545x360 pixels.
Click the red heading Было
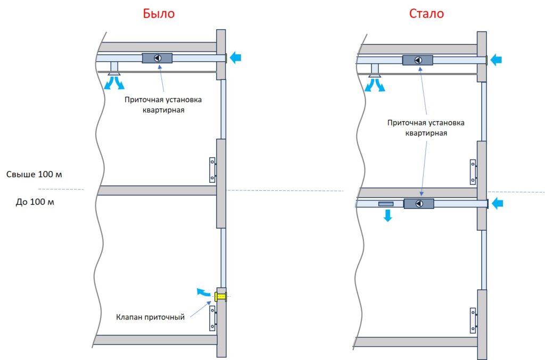pyautogui.click(x=159, y=14)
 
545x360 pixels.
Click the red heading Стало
pyautogui.click(x=426, y=14)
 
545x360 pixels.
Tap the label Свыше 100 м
pyautogui.click(x=35, y=174)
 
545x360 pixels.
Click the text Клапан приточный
pyautogui.click(x=151, y=317)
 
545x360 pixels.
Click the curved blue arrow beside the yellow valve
pyautogui.click(x=202, y=291)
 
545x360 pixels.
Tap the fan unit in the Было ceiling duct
pyautogui.click(x=158, y=58)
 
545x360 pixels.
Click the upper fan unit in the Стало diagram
pyautogui.click(x=418, y=60)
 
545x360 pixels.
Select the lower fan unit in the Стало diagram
pyautogui.click(x=419, y=203)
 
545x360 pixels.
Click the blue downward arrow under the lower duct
pyautogui.click(x=387, y=215)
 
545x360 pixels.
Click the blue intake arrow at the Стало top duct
pyautogui.click(x=496, y=60)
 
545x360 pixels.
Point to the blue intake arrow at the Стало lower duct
pyautogui.click(x=497, y=203)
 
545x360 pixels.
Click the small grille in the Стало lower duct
pyautogui.click(x=386, y=204)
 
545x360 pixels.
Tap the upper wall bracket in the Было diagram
pyautogui.click(x=212, y=170)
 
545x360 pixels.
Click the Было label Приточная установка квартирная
pyautogui.click(x=163, y=105)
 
